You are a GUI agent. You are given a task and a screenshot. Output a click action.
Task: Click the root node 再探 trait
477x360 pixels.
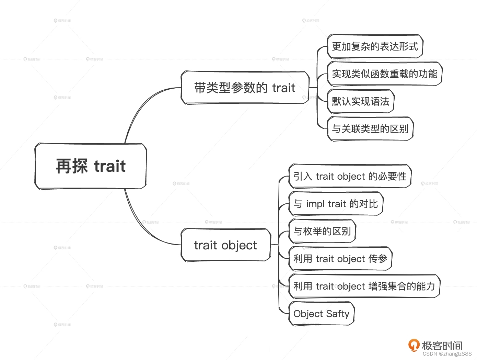click(x=91, y=166)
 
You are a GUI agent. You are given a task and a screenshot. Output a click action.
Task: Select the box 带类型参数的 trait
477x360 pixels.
click(x=245, y=88)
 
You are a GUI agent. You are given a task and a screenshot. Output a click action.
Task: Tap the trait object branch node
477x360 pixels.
click(x=225, y=245)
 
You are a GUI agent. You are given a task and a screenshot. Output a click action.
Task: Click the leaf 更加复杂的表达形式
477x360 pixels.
click(x=375, y=46)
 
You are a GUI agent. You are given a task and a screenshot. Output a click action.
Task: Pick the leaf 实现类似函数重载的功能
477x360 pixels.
click(x=384, y=74)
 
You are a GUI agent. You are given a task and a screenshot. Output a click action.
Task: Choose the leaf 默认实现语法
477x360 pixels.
click(x=360, y=101)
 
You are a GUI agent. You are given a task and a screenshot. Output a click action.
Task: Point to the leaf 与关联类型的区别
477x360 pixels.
click(x=370, y=129)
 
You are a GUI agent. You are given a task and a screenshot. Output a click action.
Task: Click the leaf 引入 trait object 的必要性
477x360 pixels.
click(x=350, y=176)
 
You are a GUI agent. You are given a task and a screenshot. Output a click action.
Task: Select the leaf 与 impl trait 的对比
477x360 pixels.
click(x=336, y=204)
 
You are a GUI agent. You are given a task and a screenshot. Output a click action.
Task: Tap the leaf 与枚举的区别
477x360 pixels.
click(x=322, y=231)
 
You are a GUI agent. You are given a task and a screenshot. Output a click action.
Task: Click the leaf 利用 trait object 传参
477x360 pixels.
click(x=340, y=259)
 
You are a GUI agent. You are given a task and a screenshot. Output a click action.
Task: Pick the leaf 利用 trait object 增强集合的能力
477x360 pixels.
click(x=364, y=286)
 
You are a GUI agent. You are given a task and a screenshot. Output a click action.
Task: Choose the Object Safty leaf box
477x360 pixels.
click(x=321, y=314)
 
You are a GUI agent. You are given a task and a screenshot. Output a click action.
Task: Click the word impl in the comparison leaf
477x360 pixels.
click(x=315, y=204)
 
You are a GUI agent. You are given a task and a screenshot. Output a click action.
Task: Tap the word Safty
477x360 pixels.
click(x=338, y=314)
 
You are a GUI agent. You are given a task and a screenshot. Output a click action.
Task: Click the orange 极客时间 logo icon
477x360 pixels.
click(x=414, y=345)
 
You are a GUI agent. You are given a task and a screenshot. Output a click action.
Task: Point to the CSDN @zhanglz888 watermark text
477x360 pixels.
click(x=447, y=354)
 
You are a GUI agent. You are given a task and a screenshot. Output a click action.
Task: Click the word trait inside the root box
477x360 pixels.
click(x=110, y=166)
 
